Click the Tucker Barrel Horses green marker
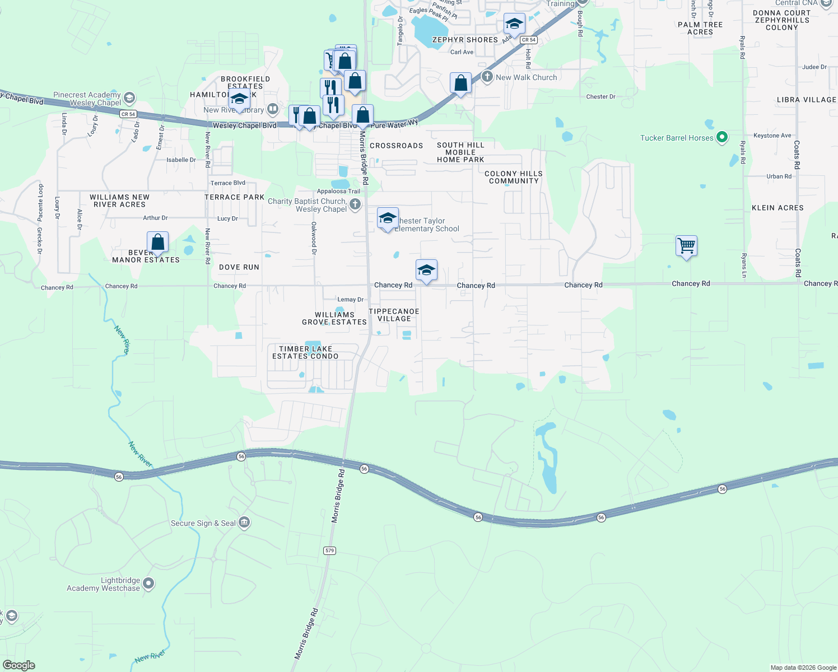(x=722, y=137)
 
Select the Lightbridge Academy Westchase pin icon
(x=148, y=584)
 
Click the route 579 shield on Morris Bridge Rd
(x=329, y=550)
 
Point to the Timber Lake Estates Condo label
(x=305, y=352)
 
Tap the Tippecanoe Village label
(x=394, y=315)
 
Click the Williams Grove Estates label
(x=334, y=318)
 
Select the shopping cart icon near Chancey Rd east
(x=686, y=245)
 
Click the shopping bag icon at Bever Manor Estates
(x=158, y=242)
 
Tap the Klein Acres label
(x=778, y=208)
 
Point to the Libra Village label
(x=806, y=100)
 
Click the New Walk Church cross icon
(x=487, y=77)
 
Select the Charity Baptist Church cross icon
(x=355, y=204)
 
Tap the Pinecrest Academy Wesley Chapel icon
(x=129, y=99)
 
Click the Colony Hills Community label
(x=514, y=177)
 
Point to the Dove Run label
(x=239, y=267)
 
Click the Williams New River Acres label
(x=120, y=200)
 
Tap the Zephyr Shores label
(x=465, y=40)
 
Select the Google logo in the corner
(x=18, y=665)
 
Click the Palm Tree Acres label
(x=700, y=28)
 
